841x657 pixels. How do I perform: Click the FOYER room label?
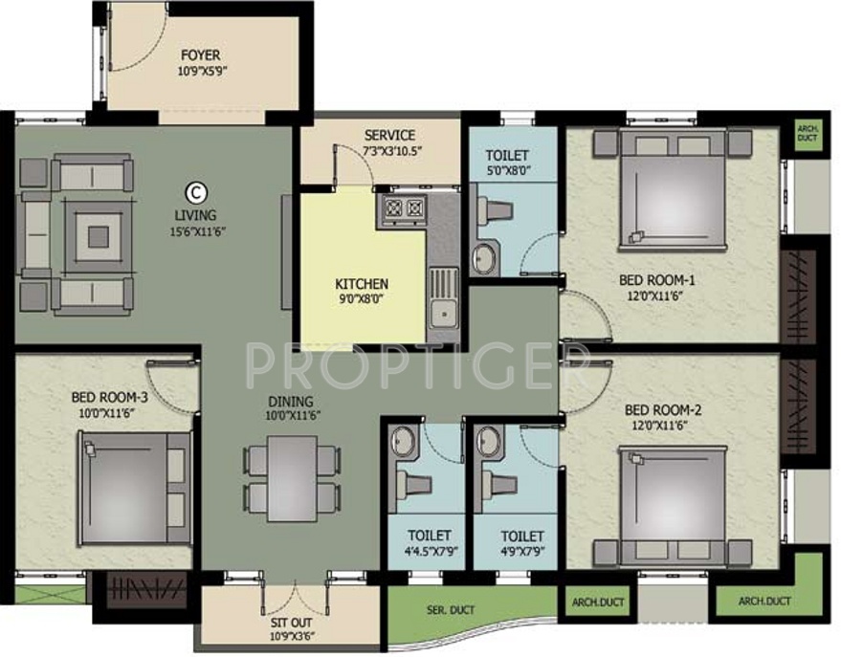pyautogui.click(x=201, y=55)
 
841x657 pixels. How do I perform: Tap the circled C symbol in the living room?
pyautogui.click(x=194, y=190)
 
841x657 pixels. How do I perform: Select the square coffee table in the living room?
pyautogui.click(x=99, y=231)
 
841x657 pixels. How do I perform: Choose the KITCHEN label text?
pyautogui.click(x=362, y=284)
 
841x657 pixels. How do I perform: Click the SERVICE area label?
pyautogui.click(x=389, y=136)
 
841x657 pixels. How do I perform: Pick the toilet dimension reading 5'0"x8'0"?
pyautogui.click(x=506, y=172)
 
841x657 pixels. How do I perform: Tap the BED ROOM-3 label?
pyautogui.click(x=109, y=396)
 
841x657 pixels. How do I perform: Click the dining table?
pyautogui.click(x=291, y=477)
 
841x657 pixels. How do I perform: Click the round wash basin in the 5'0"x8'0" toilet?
pyautogui.click(x=485, y=257)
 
